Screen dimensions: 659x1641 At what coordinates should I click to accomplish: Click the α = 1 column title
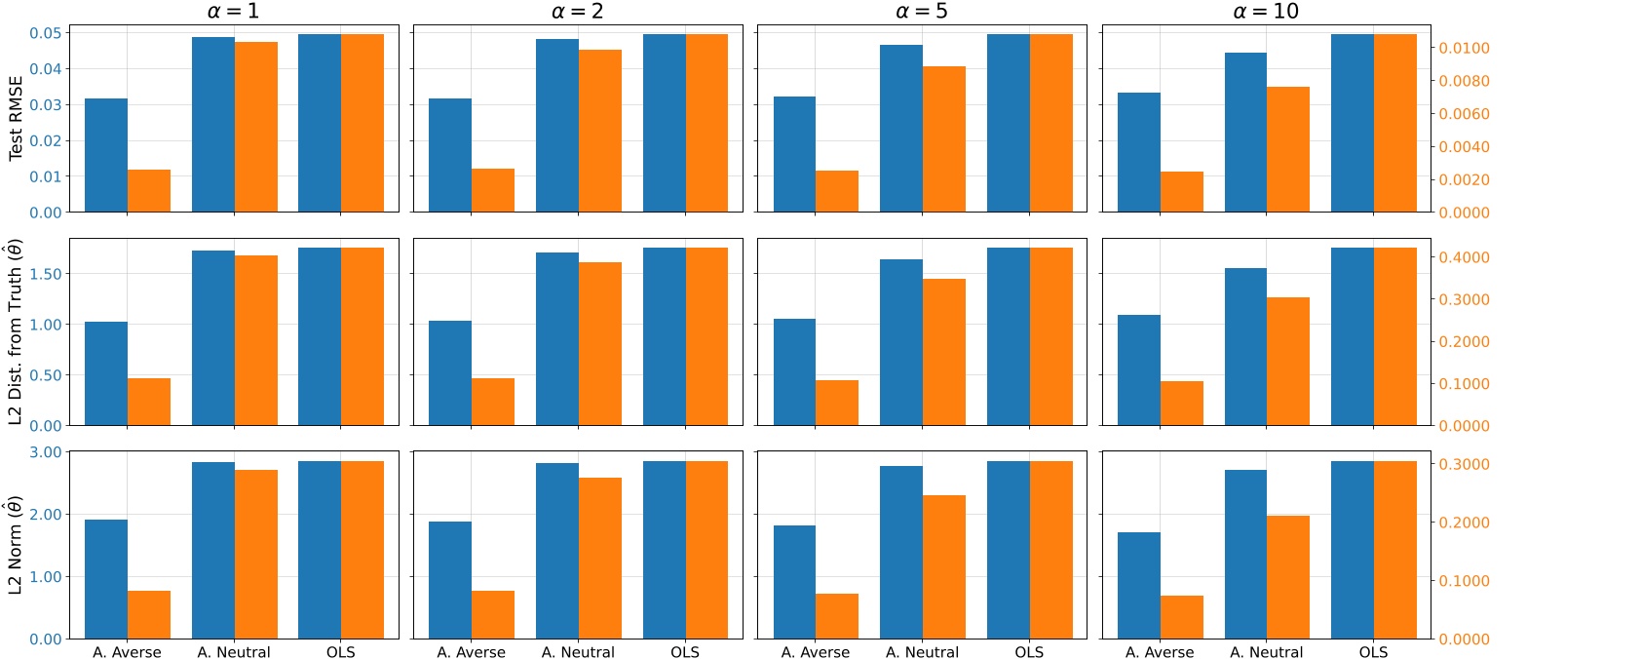pos(234,12)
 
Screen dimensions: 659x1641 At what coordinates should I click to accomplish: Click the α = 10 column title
pos(1266,12)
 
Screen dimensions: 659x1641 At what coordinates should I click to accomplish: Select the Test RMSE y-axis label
pos(16,118)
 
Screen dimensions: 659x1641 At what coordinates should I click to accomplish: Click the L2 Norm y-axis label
pos(16,545)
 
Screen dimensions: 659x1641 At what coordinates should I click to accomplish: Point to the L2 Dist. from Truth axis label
pos(16,331)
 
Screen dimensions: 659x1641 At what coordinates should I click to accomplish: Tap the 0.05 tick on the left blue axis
pos(45,33)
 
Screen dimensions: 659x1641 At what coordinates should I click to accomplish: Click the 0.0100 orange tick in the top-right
pos(1464,48)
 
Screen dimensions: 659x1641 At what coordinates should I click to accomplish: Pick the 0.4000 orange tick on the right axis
pos(1464,257)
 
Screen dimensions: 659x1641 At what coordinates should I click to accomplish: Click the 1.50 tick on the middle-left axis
pos(45,274)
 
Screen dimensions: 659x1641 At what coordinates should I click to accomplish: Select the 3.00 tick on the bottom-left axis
pos(45,452)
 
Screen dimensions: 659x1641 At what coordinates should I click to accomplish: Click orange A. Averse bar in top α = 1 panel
pos(149,191)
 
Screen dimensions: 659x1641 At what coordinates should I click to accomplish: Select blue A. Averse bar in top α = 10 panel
pos(1138,152)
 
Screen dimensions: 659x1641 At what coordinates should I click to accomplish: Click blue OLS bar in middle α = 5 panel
pos(1008,336)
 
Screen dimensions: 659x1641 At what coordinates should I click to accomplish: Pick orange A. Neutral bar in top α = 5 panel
pos(944,139)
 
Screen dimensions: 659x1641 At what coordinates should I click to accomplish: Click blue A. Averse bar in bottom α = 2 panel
pos(450,580)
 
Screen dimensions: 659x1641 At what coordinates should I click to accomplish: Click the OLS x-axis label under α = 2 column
pos(685,652)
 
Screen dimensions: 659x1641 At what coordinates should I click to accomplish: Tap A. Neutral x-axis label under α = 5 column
pos(922,652)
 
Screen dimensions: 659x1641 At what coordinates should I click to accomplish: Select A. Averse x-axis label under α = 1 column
pos(127,652)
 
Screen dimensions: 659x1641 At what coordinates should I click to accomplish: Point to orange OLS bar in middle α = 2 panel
pos(706,336)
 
